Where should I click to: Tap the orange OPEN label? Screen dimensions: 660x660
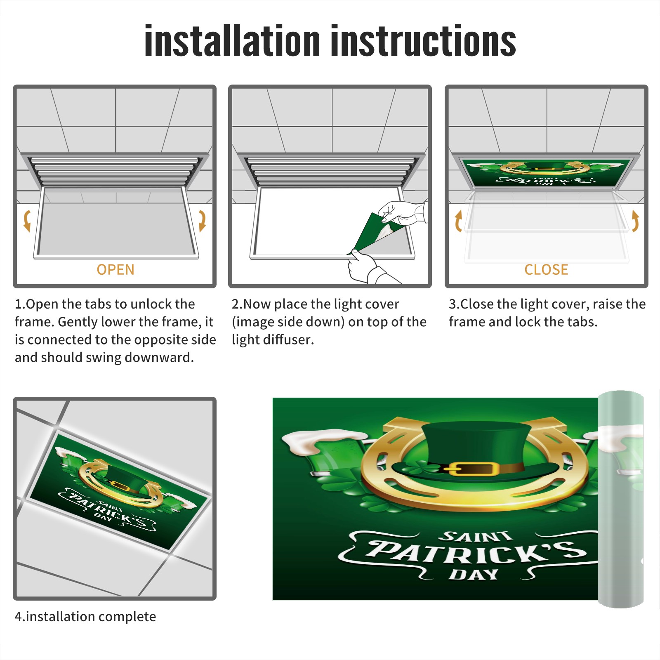[115, 269]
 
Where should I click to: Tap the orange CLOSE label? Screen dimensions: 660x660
[546, 269]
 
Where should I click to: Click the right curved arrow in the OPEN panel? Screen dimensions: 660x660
[203, 221]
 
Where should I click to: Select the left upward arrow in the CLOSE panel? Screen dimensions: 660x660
[458, 221]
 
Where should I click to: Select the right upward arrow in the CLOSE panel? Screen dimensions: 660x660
[635, 221]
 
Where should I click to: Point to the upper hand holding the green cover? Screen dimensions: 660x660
[402, 212]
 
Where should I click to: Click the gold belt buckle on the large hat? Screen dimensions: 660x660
[471, 469]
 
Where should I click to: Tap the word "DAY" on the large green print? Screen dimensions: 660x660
[474, 574]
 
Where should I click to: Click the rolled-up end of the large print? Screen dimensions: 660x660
[620, 499]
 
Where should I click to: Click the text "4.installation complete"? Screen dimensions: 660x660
[85, 616]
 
